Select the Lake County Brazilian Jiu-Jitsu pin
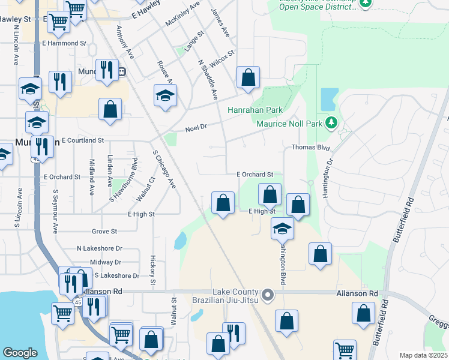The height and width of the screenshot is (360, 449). point(268,295)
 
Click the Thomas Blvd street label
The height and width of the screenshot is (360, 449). point(312,147)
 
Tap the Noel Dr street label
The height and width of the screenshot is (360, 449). point(196,128)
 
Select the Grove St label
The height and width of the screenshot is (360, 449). point(104,231)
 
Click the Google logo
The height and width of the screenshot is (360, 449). point(20,353)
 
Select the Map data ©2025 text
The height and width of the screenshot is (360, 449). point(423,355)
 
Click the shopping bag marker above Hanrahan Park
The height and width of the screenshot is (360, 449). point(248,77)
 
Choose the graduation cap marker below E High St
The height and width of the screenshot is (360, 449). point(282,228)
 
